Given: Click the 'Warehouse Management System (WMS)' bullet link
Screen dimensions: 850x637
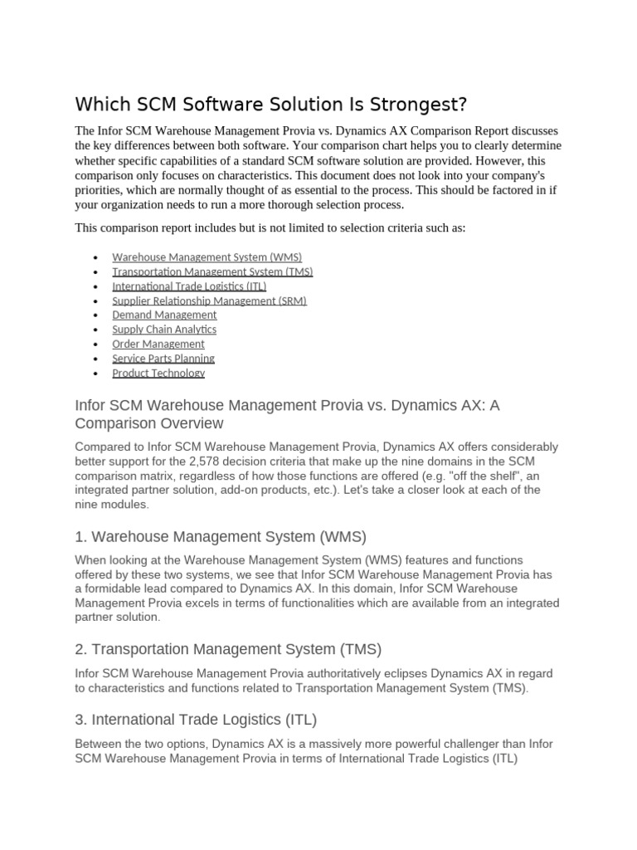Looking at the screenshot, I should (207, 257).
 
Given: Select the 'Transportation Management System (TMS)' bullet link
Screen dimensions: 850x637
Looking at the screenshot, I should (212, 271).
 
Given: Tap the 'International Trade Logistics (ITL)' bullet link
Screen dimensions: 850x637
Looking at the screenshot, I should (189, 286).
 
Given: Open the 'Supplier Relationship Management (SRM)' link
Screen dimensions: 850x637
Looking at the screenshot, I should (209, 300).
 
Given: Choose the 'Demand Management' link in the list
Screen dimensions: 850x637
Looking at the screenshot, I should (164, 315).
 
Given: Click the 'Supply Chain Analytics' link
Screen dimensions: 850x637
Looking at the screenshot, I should (164, 330).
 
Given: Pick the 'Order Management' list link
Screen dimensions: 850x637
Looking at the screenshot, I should (158, 344).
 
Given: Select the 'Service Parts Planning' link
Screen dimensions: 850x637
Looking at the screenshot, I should (163, 359).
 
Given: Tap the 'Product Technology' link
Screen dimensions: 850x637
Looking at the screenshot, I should (158, 373).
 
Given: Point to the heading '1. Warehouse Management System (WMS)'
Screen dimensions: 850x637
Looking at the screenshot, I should (221, 535).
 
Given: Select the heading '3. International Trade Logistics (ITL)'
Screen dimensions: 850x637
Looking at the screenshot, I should (196, 719).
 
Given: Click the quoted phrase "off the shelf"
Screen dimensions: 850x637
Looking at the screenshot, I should (472, 476).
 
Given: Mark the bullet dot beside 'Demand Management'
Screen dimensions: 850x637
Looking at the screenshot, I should (96, 315).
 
